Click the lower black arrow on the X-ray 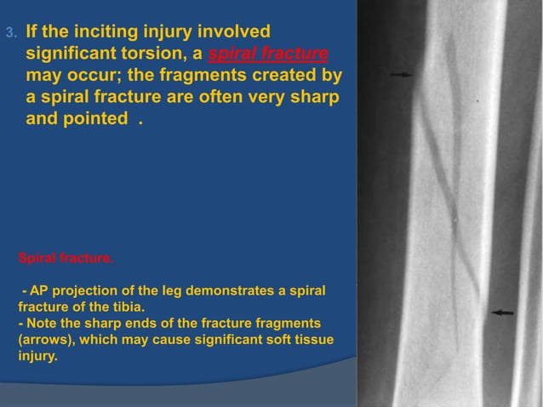(502, 312)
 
